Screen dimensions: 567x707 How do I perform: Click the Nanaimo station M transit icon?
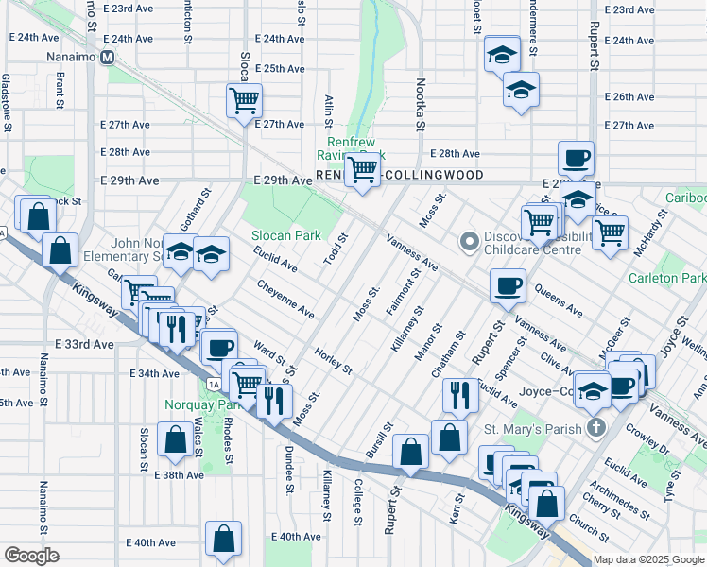pyautogui.click(x=108, y=57)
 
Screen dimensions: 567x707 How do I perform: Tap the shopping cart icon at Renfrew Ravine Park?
pyautogui.click(x=361, y=170)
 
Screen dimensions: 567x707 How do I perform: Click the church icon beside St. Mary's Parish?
pyautogui.click(x=595, y=428)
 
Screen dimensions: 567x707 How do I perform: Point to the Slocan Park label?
pyautogui.click(x=285, y=235)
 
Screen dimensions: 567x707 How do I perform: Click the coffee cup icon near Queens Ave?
pyautogui.click(x=508, y=284)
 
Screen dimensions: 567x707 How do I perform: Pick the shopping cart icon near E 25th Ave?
pyautogui.click(x=244, y=99)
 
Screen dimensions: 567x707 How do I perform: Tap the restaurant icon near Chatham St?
pyautogui.click(x=459, y=393)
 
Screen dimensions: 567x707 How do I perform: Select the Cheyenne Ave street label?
pyautogui.click(x=285, y=297)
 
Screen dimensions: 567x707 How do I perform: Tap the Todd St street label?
pyautogui.click(x=336, y=249)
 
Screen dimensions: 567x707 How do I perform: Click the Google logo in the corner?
pyautogui.click(x=31, y=556)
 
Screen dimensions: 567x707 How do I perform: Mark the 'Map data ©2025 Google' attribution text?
pyautogui.click(x=647, y=559)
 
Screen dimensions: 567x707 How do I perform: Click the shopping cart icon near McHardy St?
pyautogui.click(x=610, y=231)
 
